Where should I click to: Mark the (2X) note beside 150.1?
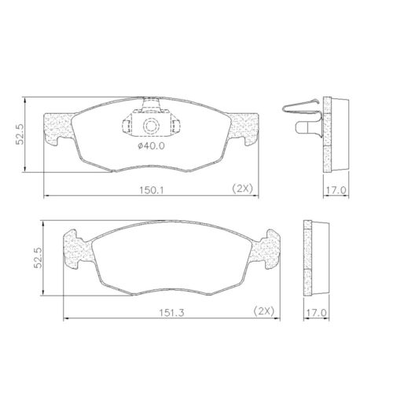[241, 189]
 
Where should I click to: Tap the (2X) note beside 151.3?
[263, 311]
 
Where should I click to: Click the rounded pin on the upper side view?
[303, 126]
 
